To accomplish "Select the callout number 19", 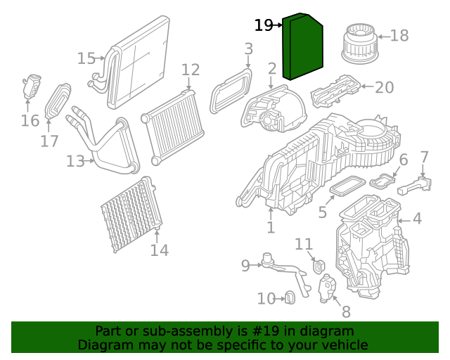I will [264, 25].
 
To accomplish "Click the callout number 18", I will [399, 35].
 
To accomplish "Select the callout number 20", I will [385, 87].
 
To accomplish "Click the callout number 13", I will [75, 161].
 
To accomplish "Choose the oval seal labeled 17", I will [58, 102].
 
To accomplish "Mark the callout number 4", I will [417, 219].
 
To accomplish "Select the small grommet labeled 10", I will [289, 299].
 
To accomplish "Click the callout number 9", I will [245, 265].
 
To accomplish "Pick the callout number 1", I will [271, 228].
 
